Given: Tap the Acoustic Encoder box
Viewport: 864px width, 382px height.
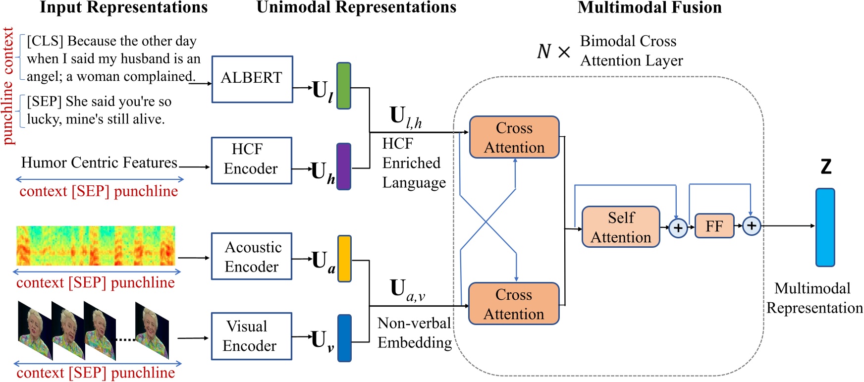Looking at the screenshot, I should point(252,256).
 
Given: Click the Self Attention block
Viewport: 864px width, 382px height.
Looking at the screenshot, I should point(621,227).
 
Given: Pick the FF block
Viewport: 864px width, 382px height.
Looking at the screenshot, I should point(714,226).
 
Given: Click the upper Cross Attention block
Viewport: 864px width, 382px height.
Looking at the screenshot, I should point(514,137).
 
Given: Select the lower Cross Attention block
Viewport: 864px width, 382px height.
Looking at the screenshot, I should point(514,304).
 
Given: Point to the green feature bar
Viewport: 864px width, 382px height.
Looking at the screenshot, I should point(344,86).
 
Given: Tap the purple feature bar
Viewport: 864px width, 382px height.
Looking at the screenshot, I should point(344,166).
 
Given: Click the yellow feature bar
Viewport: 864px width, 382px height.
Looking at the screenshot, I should point(344,259).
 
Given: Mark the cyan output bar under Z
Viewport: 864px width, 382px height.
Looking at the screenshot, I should point(825,227).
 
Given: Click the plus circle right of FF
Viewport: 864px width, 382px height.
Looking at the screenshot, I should point(752,226).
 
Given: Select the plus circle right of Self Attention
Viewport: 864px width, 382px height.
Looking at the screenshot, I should point(678,228).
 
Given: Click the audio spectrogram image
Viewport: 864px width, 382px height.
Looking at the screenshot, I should point(96,246).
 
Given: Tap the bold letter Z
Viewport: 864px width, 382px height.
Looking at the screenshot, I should point(826,166).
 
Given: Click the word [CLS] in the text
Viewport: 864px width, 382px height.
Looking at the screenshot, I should point(45,41).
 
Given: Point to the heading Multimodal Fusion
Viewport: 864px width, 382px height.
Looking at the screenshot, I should point(649,7).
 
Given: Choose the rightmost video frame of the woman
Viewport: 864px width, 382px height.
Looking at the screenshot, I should point(152,330).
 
